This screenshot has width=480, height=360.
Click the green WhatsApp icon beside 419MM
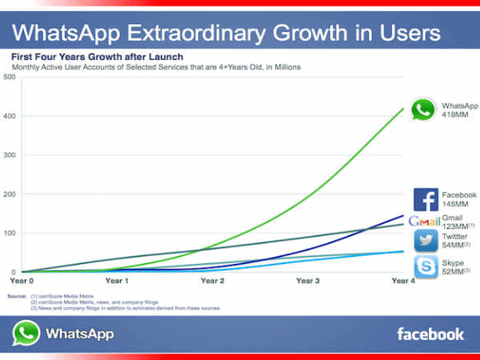pos(422,110)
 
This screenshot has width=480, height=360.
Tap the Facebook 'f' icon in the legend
pos(426,199)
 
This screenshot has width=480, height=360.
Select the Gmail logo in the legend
pos(424,222)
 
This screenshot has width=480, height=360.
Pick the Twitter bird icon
pos(426,241)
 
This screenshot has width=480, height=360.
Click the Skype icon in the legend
pos(426,267)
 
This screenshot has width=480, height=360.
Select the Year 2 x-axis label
pos(212,281)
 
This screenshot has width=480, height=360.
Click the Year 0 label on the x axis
pos(22,281)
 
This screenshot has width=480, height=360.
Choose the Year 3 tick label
pos(308,281)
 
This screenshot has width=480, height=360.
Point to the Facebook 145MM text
pos(458,200)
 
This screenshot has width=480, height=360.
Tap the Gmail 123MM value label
pos(457,222)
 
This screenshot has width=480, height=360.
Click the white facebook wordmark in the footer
pos(430,334)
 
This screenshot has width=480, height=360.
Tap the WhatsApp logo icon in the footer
pos(26,333)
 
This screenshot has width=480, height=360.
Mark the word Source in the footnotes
pos(17,296)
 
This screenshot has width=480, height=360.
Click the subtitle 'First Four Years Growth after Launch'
pos(96,57)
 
